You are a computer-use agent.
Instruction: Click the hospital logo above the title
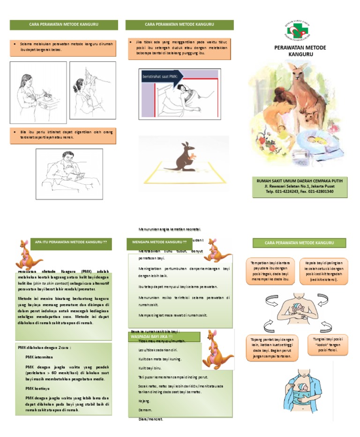(298, 30)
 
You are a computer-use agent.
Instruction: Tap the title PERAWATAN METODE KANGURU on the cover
(300, 51)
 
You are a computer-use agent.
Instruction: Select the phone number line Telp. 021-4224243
(300, 191)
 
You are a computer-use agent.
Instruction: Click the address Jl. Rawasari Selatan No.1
(300, 186)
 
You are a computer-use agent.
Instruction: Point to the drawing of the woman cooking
(38, 92)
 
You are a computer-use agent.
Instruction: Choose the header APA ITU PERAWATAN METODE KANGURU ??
(71, 242)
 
